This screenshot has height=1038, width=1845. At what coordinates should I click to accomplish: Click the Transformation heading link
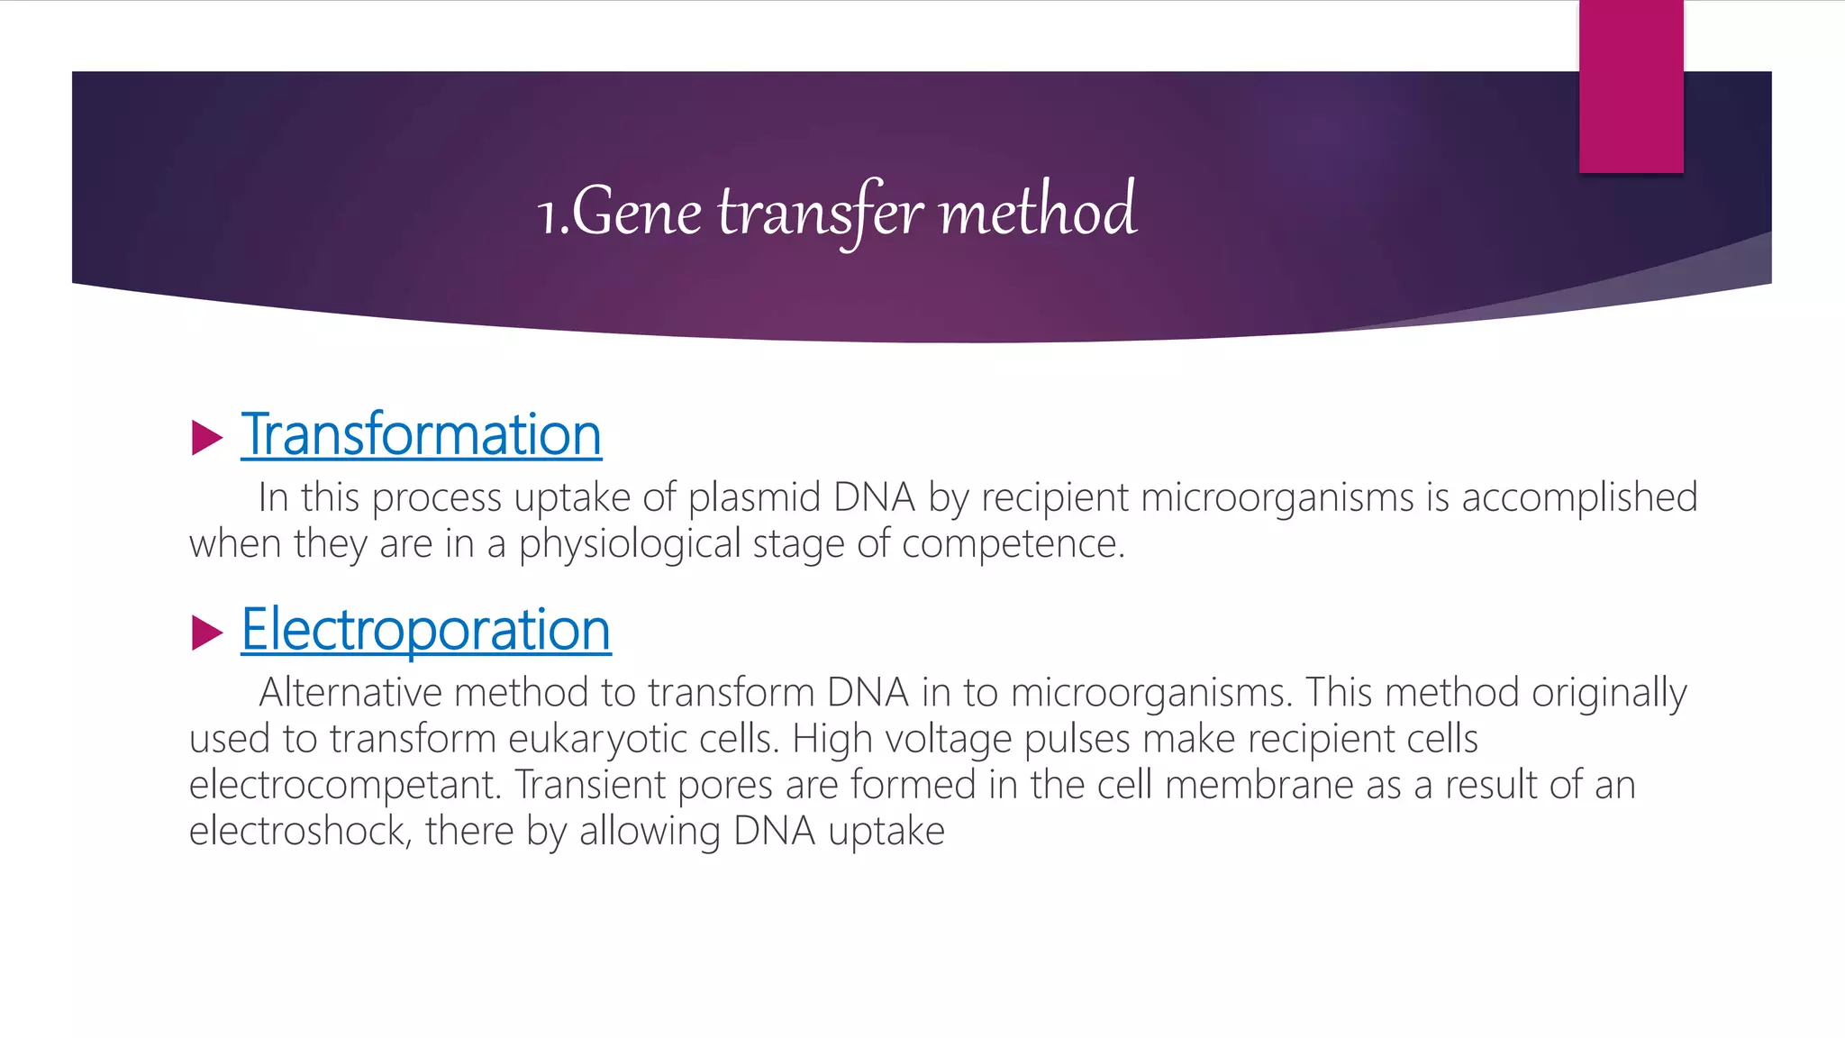click(x=421, y=435)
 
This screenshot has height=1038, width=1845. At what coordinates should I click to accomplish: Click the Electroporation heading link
click(x=426, y=630)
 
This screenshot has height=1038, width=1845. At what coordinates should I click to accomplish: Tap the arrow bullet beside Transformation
click(x=207, y=438)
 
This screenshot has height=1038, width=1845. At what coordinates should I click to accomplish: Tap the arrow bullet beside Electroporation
click(x=207, y=633)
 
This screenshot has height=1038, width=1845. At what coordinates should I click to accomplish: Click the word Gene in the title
click(x=636, y=213)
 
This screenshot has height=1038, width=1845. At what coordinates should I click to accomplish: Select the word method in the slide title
click(x=1037, y=211)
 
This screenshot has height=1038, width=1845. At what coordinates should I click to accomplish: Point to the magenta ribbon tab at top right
click(x=1631, y=86)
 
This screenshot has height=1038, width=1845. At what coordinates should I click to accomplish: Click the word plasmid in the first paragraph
click(x=754, y=498)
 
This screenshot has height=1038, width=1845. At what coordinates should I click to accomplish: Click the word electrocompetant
click(x=344, y=786)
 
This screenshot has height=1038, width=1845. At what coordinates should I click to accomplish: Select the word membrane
click(x=1259, y=785)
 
